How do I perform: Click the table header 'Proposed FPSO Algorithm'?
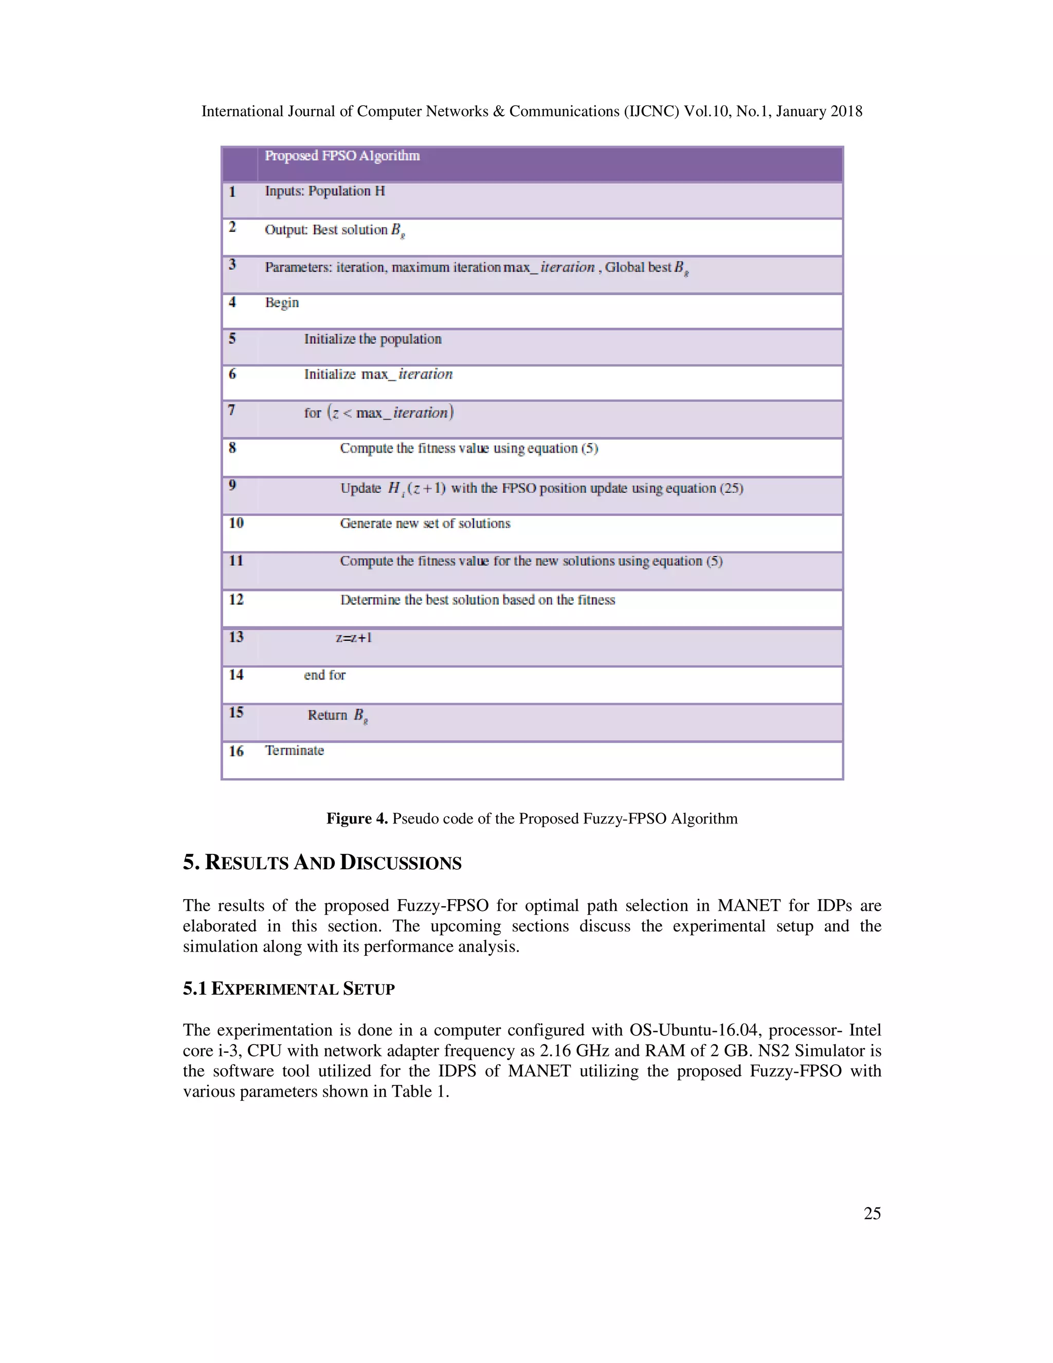342,155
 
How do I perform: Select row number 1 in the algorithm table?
232,192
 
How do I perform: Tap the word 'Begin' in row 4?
282,302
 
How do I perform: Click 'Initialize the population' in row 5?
372,339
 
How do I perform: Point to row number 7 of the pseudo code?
232,410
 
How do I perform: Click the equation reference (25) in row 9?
732,488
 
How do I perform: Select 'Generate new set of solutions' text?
425,524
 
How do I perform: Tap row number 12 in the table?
236,600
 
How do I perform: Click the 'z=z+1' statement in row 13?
354,637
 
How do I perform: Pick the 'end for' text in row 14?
324,675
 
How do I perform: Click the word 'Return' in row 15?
327,715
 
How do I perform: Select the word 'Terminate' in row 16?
295,751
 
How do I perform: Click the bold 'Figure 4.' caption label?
357,819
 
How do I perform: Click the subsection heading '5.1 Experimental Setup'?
289,989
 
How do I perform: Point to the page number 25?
872,1213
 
